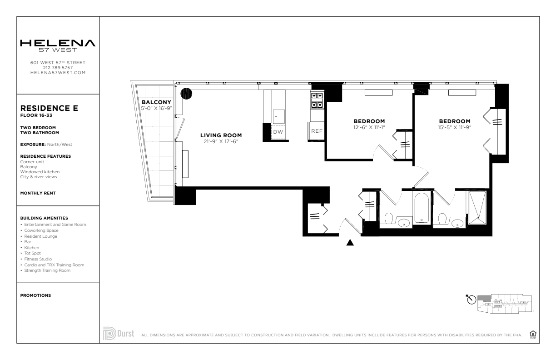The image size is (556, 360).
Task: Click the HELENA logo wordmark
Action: [x=58, y=43]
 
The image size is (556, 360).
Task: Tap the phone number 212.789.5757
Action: [x=58, y=68]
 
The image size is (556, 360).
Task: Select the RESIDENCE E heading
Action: [x=49, y=108]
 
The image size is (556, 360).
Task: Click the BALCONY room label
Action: [x=156, y=102]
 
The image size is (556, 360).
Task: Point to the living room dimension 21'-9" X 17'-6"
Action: [x=221, y=141]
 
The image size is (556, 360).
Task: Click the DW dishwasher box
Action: [x=278, y=132]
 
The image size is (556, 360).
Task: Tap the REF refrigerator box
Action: [x=317, y=131]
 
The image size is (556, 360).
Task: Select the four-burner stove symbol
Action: [x=317, y=100]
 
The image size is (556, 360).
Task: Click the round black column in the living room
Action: [x=186, y=94]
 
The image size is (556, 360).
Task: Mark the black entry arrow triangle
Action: [x=350, y=242]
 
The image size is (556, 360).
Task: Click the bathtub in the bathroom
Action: [x=422, y=208]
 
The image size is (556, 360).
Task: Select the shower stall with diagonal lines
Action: [x=477, y=208]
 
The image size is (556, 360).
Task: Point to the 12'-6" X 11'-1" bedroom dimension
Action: [x=369, y=127]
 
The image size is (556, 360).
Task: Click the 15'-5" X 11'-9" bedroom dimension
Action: [x=455, y=127]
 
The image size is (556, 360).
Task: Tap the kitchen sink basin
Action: [x=278, y=116]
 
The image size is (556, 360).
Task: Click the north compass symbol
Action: [x=472, y=300]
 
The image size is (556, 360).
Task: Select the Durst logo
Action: [x=119, y=333]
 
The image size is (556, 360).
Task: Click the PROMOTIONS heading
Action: [x=35, y=295]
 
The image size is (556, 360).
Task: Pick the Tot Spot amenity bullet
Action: [x=31, y=253]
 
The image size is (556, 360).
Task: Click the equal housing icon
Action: [x=533, y=334]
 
